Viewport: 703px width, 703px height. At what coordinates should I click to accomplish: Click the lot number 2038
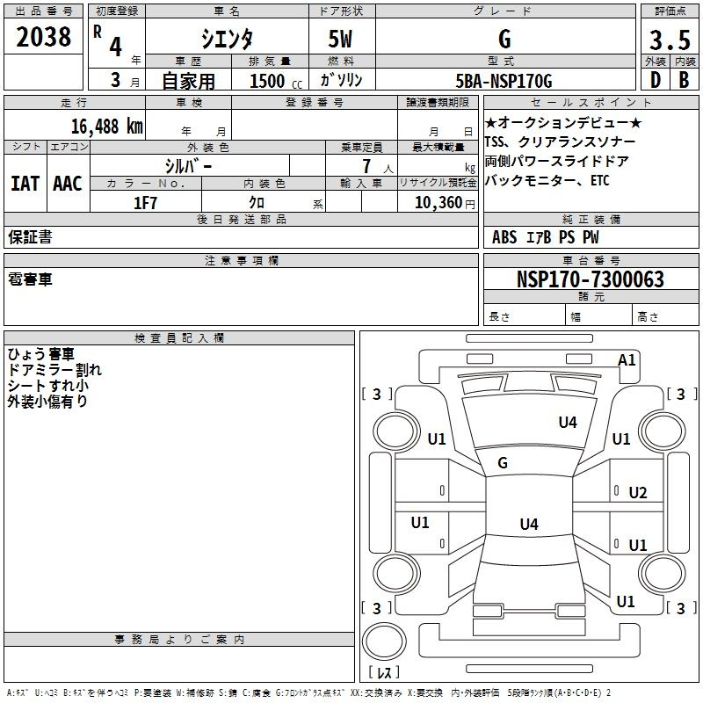click(43, 37)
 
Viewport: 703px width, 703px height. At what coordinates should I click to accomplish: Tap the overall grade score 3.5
click(670, 40)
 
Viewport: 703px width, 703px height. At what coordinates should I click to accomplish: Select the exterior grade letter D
click(656, 80)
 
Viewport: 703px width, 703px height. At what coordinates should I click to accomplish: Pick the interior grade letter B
click(684, 80)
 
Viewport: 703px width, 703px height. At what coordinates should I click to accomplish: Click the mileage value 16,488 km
click(107, 127)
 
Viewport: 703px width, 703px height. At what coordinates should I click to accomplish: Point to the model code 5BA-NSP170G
click(504, 81)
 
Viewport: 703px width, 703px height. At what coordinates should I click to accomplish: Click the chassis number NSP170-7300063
click(590, 279)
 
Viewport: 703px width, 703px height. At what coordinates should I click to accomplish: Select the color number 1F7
click(145, 203)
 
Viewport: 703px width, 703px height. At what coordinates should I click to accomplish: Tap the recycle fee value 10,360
click(438, 203)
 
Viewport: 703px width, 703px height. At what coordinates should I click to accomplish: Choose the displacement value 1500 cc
click(276, 81)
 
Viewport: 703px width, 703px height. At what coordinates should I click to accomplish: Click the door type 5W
click(340, 39)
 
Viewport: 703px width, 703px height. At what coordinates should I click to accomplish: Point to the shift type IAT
click(25, 184)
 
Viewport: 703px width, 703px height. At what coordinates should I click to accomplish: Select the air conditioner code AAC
click(68, 184)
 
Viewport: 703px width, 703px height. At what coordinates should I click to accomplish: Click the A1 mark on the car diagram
click(627, 360)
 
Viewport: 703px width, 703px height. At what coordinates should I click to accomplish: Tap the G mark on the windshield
click(503, 462)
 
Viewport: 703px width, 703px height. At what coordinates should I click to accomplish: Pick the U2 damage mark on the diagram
click(638, 493)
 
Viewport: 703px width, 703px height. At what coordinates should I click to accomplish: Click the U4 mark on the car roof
click(529, 524)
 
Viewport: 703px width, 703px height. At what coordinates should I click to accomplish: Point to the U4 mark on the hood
click(568, 422)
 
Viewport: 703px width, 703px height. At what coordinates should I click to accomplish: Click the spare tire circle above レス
click(384, 641)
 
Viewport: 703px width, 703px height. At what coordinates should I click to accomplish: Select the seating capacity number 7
click(366, 166)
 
